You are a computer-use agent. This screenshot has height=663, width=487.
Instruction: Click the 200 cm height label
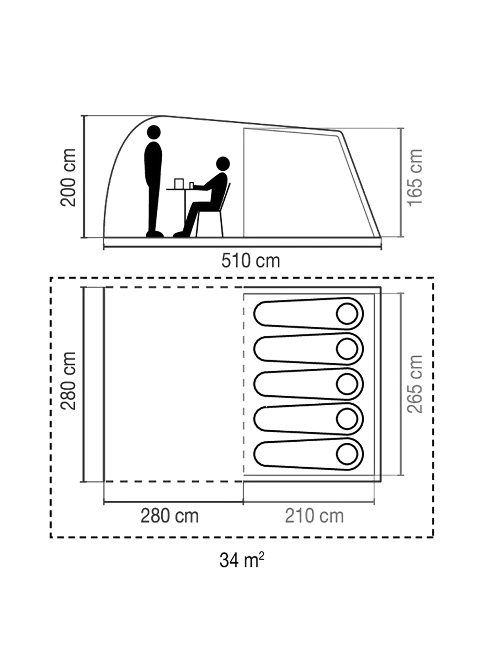[69, 177]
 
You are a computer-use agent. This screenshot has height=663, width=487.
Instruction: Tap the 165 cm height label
[415, 178]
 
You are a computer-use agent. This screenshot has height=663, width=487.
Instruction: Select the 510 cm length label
[250, 261]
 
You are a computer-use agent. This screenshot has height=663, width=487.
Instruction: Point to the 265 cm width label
[415, 384]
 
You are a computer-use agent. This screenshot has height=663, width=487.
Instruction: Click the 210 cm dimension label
[314, 516]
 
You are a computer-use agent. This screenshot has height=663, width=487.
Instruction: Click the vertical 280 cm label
[69, 380]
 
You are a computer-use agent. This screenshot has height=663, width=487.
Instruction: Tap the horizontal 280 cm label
[169, 516]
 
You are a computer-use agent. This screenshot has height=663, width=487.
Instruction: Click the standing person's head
[154, 132]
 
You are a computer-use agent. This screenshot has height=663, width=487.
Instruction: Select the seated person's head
[223, 164]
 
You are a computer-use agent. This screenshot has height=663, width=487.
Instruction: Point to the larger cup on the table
[179, 183]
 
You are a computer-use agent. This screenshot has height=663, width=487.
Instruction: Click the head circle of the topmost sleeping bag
[347, 314]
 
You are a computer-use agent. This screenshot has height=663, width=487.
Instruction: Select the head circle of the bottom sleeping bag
[347, 454]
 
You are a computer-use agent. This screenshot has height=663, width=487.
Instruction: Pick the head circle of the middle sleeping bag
[347, 384]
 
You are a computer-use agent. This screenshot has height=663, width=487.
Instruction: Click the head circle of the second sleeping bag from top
[347, 349]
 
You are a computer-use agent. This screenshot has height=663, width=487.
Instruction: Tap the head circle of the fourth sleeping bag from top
[347, 419]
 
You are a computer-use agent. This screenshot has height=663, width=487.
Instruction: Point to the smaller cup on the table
[192, 185]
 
